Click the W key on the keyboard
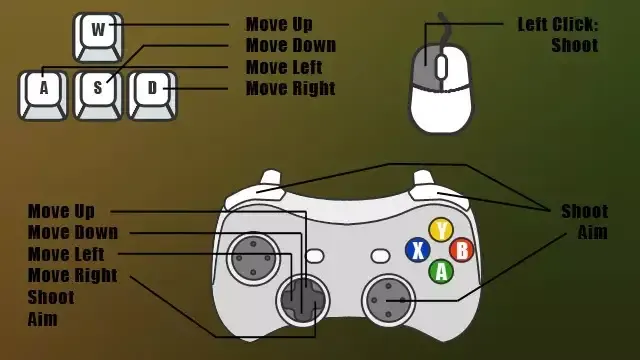coord(98,38)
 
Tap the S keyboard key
coord(98,96)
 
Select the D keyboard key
coord(152,96)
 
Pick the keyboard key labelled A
coord(43,96)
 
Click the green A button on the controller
coord(441,271)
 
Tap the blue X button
coord(418,250)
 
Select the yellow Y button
coord(441,230)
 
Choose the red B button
coord(462,250)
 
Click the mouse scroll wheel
coord(442,67)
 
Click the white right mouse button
coord(457,67)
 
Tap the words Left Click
coord(558,24)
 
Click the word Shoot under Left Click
coord(575,45)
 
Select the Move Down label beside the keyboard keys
coord(291,45)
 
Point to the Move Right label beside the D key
coord(291,88)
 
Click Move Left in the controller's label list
coord(66,254)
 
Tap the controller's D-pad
coord(303,300)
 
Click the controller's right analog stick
coord(388,300)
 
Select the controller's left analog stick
coord(253,258)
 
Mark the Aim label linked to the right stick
coord(592,232)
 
